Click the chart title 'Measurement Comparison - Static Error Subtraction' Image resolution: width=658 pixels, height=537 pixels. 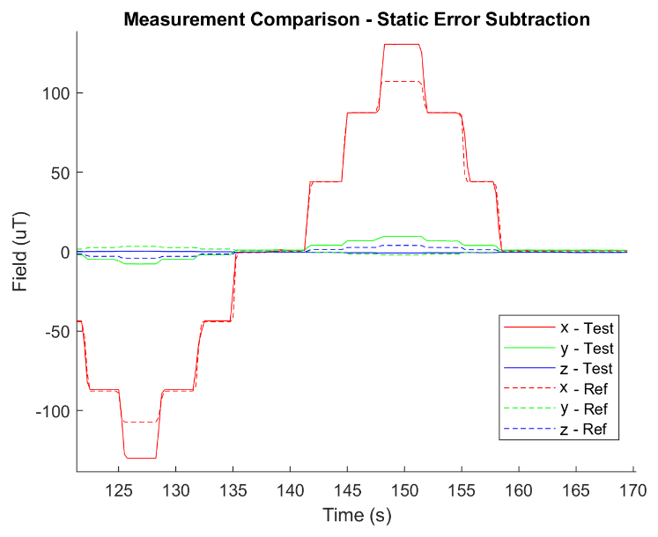356,18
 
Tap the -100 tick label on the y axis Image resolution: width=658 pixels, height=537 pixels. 52,411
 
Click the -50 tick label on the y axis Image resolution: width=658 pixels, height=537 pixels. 55,332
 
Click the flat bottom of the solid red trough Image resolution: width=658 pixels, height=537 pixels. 141,458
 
